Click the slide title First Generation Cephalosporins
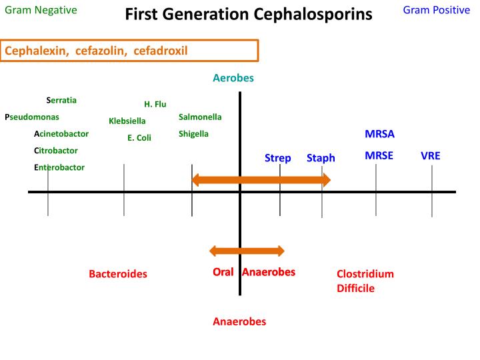point(249,15)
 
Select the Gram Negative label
point(41,10)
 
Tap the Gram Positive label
point(437,10)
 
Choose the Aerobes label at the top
point(233,78)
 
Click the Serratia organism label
point(61,101)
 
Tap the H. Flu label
point(155,104)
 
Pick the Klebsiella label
point(127,121)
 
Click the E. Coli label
point(139,138)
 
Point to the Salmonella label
point(200,117)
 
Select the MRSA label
point(380,134)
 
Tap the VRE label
point(431,156)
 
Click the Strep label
point(278,158)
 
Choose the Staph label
point(321,158)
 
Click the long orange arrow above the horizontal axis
point(261,180)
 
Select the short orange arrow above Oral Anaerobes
point(247,251)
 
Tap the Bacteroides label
point(118,274)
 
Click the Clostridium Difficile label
point(365,281)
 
